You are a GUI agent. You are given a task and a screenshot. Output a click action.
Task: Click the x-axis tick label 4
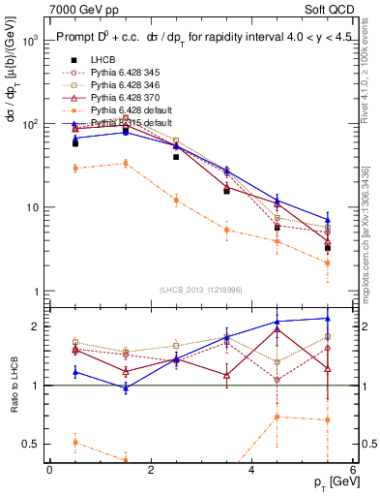pos(251,469)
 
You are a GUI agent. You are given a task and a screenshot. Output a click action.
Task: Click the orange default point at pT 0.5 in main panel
pos(74,169)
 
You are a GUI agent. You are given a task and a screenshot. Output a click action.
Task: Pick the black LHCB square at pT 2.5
pos(176,156)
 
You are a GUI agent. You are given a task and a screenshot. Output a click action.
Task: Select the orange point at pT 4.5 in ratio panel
pos(278,417)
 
